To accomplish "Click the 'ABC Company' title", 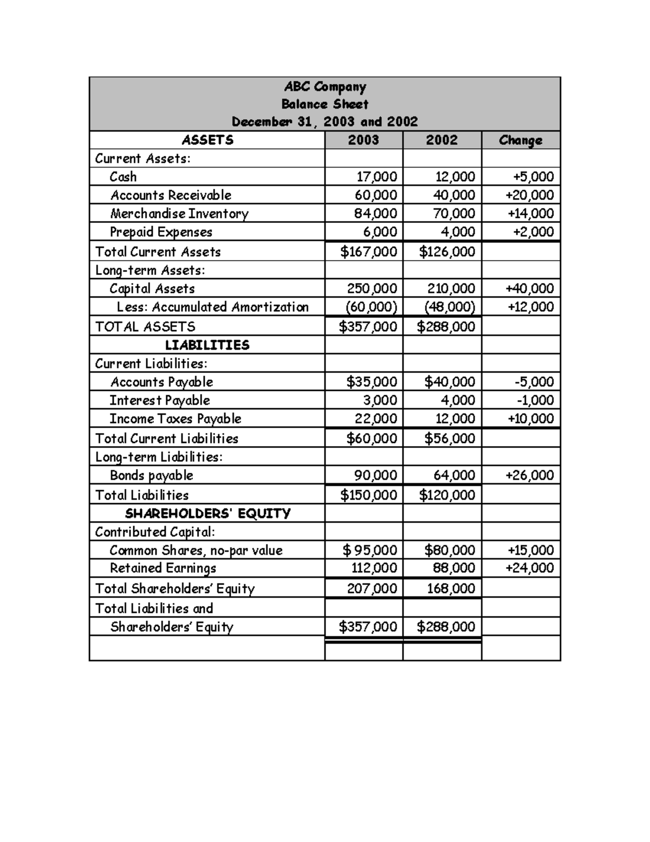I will click(325, 87).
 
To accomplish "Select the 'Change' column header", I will click(520, 140).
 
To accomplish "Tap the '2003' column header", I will click(363, 140).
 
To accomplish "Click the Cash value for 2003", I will click(376, 177).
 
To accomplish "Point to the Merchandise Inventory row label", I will click(179, 214).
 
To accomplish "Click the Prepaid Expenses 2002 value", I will click(458, 232).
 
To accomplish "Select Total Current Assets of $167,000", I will click(368, 252).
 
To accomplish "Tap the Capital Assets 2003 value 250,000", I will click(372, 288).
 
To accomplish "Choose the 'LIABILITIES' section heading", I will click(207, 345).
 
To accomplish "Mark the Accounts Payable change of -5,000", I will click(534, 382).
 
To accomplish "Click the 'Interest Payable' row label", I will click(160, 400).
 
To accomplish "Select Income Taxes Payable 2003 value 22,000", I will click(376, 419).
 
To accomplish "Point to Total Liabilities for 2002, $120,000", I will click(447, 495).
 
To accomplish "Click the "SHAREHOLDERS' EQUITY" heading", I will click(208, 513).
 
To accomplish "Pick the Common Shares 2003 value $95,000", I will click(370, 550).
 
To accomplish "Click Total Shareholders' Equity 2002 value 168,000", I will click(451, 588).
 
